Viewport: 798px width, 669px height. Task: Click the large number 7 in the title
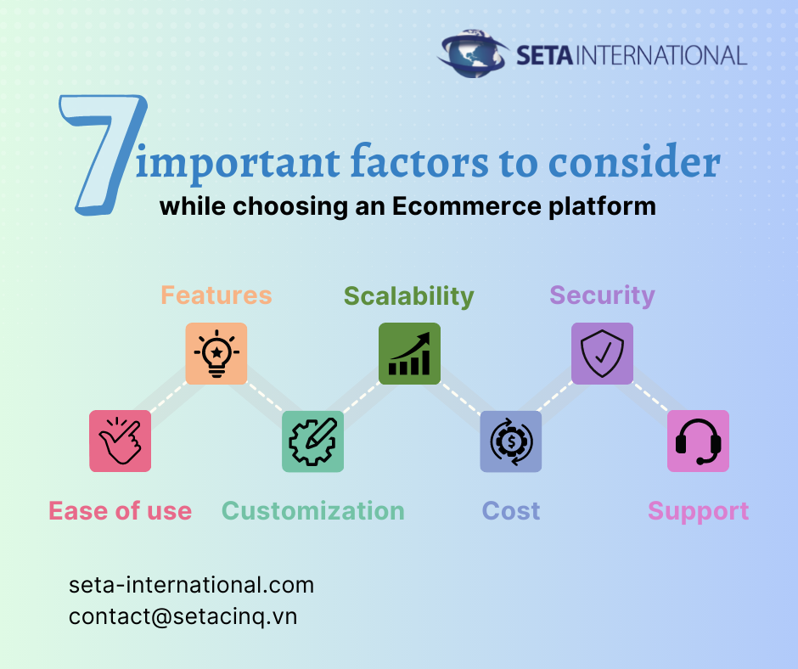click(100, 153)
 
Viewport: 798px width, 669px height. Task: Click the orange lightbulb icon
click(216, 353)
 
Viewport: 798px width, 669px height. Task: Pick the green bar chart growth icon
click(409, 353)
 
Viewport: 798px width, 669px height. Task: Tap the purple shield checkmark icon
click(602, 353)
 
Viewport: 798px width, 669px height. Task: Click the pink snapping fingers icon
click(121, 441)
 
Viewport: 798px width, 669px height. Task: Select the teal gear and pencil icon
click(313, 441)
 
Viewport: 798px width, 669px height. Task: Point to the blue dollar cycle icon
click(510, 441)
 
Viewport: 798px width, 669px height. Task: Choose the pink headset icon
click(698, 441)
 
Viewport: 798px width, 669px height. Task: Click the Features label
click(216, 295)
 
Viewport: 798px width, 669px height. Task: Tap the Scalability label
click(408, 296)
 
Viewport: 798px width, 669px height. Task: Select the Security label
click(602, 295)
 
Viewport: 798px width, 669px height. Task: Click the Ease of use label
click(120, 511)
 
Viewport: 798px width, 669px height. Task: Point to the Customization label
click(313, 511)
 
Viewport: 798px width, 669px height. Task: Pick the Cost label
click(511, 511)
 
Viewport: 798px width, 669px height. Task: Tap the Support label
click(698, 511)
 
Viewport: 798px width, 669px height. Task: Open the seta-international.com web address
click(192, 585)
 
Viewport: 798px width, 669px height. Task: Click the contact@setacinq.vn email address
click(183, 616)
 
